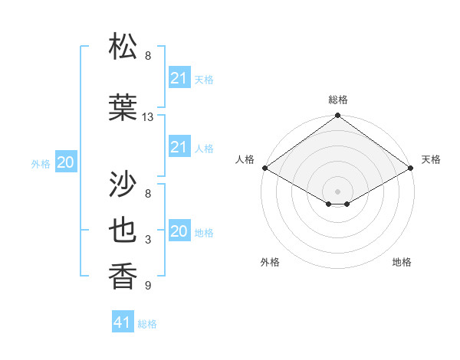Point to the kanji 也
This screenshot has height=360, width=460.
coord(125,231)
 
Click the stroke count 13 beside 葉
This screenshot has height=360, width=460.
coord(148,117)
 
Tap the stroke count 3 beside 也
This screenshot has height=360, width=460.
coord(148,240)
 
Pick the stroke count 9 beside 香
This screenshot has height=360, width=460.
coord(148,286)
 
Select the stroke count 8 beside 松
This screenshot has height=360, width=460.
coord(148,56)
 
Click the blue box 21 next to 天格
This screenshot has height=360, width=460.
coord(179,78)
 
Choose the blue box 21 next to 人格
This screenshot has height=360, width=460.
coord(179,147)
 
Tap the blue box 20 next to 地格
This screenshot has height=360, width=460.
coord(179,231)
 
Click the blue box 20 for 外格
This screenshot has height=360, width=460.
coord(66,162)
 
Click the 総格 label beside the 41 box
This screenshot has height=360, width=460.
coord(147,324)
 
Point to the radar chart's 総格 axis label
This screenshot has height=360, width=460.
coord(337,100)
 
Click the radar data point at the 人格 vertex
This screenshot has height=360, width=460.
coord(264,168)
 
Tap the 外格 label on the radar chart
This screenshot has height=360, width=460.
coord(270,262)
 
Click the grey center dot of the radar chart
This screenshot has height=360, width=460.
coord(337,190)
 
